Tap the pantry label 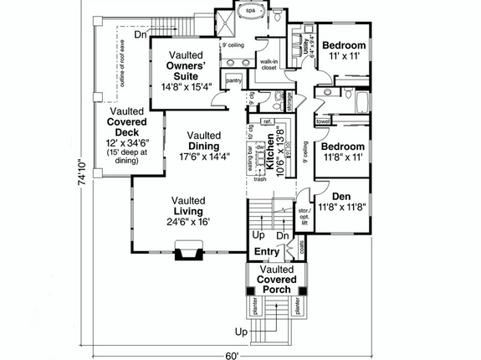(x=234, y=80)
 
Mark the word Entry (x=268, y=251)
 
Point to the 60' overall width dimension (x=232, y=354)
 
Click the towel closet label (x=322, y=121)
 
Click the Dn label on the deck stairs (x=142, y=35)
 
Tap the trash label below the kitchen (x=260, y=178)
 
